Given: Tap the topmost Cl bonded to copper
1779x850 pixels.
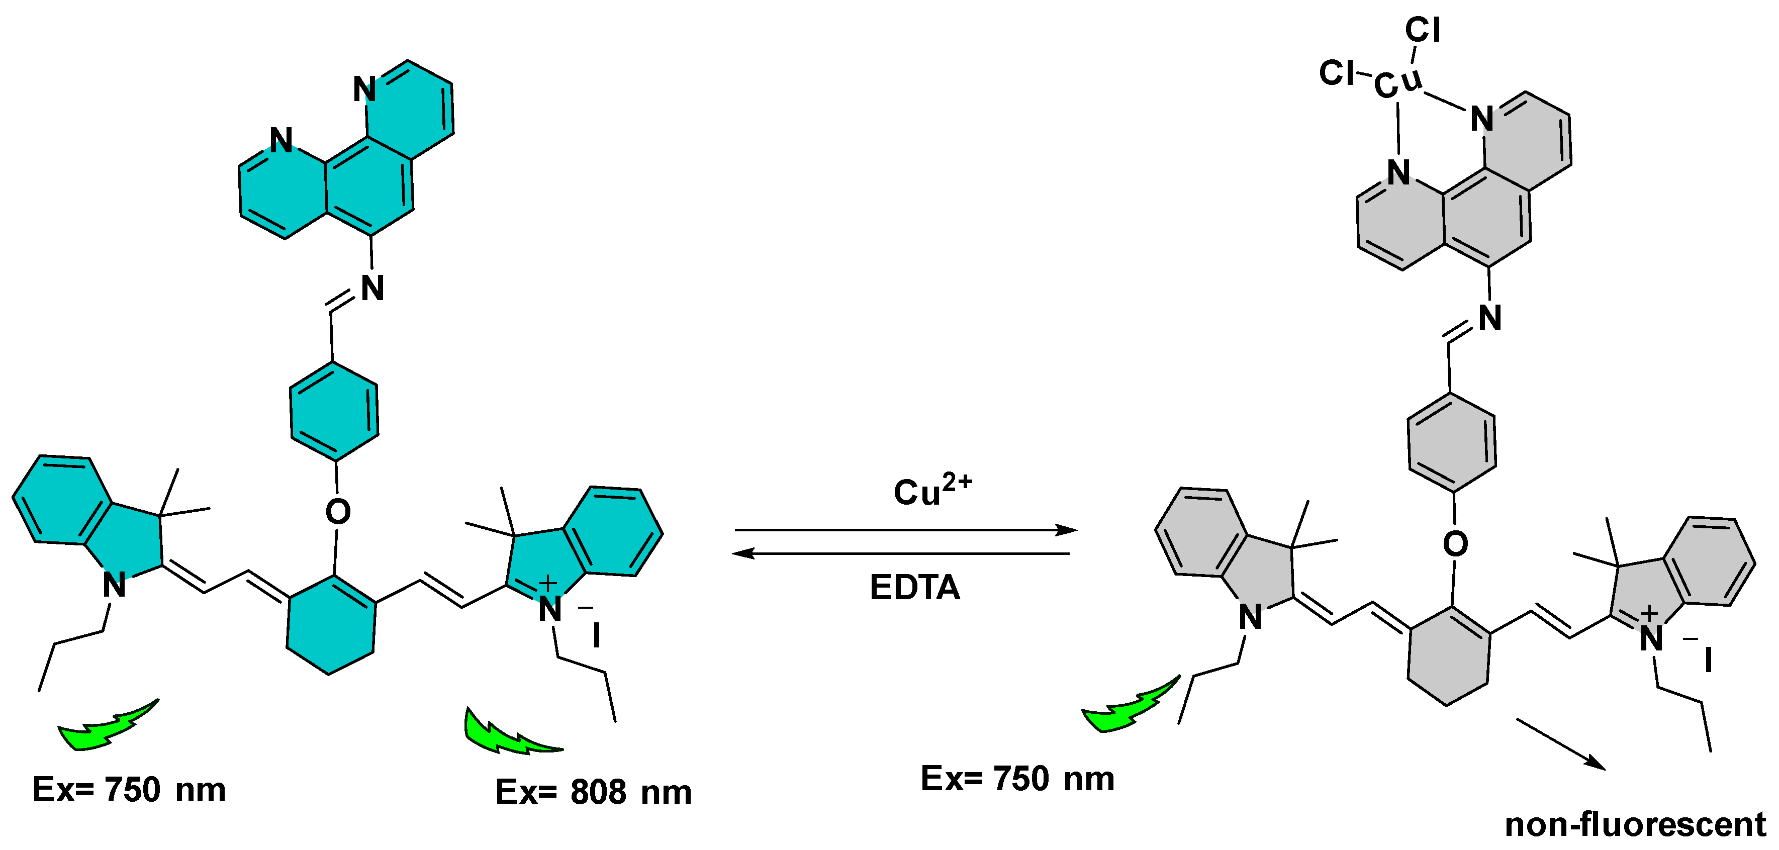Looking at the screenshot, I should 1423,30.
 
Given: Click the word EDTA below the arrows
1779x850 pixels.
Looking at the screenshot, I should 914,588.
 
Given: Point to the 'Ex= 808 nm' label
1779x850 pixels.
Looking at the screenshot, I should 593,792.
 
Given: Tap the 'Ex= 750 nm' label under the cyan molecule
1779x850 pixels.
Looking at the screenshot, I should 129,789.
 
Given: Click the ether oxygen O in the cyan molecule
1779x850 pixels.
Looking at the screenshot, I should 338,512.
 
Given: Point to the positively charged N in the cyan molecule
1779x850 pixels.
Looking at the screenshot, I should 550,608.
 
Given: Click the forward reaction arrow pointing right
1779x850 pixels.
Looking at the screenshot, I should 905,530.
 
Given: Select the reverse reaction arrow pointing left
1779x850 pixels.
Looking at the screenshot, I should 901,553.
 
